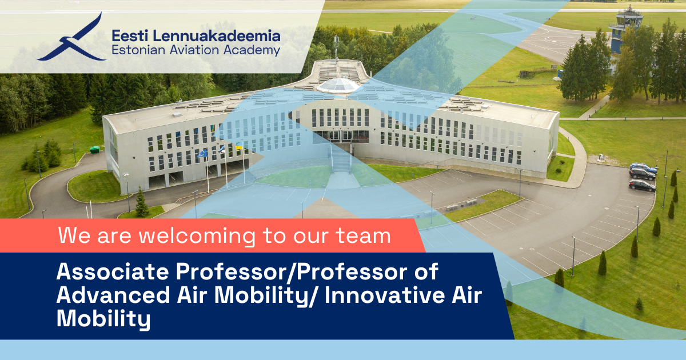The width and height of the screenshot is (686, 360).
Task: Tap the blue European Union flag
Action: tap(202, 153)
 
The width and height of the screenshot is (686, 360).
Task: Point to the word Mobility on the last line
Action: tap(103, 318)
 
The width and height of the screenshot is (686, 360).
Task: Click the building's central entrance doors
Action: tap(342, 136)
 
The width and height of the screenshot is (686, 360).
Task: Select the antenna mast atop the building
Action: tap(336, 47)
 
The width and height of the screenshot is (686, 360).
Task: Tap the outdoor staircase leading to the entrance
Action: tap(341, 158)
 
